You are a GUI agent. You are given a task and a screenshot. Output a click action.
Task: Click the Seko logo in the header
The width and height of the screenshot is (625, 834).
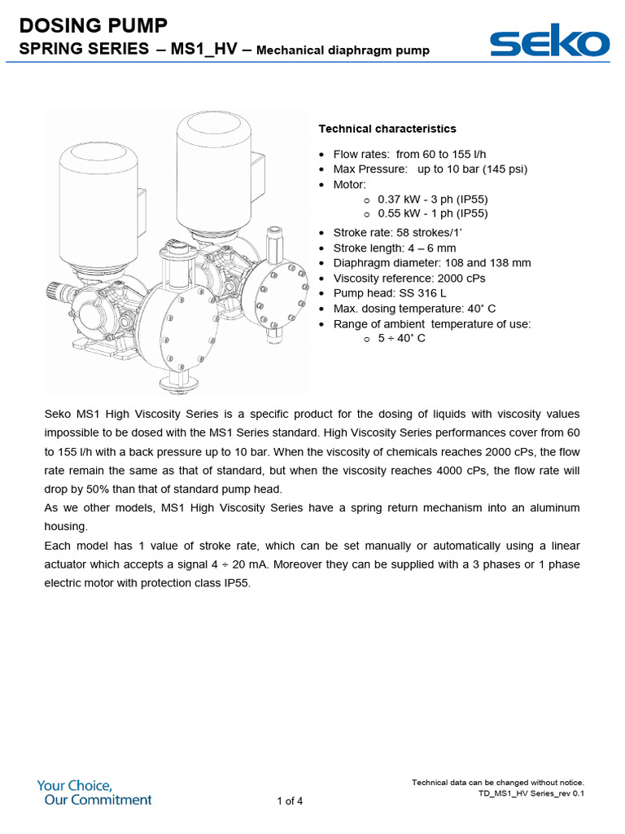click(x=549, y=42)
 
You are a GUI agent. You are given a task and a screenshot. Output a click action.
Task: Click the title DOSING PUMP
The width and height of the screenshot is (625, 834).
click(x=98, y=26)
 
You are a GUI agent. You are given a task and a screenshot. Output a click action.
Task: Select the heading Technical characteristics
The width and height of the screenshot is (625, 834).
click(x=387, y=129)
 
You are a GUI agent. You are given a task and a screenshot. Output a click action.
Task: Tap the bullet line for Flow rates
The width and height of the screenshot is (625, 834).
click(x=409, y=155)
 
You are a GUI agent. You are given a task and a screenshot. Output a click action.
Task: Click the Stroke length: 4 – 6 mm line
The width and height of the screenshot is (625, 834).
click(x=395, y=248)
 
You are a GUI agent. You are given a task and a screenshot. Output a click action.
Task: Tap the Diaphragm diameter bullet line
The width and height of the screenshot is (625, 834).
click(x=431, y=263)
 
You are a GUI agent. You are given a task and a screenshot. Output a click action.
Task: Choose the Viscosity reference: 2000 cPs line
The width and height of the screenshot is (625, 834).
click(x=409, y=278)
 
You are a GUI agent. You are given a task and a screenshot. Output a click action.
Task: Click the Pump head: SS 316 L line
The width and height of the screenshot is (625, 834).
click(x=390, y=293)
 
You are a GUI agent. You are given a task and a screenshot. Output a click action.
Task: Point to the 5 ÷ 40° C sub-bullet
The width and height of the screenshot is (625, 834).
click(x=401, y=339)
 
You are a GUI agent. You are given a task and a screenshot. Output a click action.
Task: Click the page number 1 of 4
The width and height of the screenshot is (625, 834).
click(x=290, y=801)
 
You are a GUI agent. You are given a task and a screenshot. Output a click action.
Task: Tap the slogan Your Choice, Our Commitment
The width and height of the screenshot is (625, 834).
click(x=94, y=792)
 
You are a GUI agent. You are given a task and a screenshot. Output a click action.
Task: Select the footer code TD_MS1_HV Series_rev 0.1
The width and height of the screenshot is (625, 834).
click(x=531, y=793)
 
